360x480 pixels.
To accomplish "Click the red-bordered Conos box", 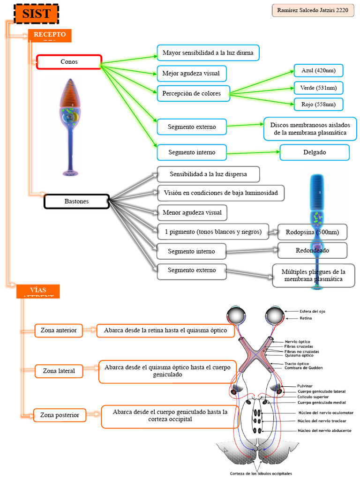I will pyautogui.click(x=69, y=62).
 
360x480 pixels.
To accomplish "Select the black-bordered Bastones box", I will pyautogui.click(x=76, y=202).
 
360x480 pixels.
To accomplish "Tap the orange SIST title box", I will pyautogui.click(x=37, y=14).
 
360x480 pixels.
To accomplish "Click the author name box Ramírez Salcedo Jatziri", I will pyautogui.click(x=313, y=10).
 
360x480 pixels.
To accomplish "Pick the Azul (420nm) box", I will pyautogui.click(x=318, y=71).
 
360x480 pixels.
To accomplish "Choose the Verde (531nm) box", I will pyautogui.click(x=318, y=88).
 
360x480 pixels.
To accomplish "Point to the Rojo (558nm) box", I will pyautogui.click(x=318, y=104).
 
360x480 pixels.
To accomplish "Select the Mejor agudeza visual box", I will pyautogui.click(x=191, y=73).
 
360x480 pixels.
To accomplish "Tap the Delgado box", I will pyautogui.click(x=315, y=152).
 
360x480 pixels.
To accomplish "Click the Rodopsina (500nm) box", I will pyautogui.click(x=312, y=232).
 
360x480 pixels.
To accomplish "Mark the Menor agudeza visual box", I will pyautogui.click(x=192, y=213).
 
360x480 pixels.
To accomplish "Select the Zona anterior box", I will pyautogui.click(x=59, y=330).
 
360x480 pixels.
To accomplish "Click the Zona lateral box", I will pyautogui.click(x=59, y=371).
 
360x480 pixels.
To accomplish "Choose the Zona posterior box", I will pyautogui.click(x=60, y=415).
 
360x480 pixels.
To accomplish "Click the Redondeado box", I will pyautogui.click(x=312, y=250).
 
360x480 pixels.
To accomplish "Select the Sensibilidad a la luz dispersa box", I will pyautogui.click(x=208, y=174).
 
